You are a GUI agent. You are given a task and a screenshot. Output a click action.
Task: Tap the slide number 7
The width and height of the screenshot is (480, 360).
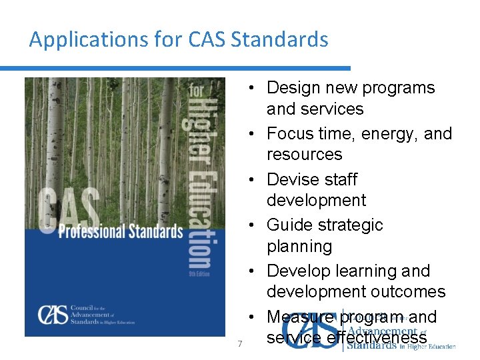tap(240, 343)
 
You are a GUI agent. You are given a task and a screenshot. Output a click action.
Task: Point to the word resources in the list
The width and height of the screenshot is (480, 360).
tap(304, 155)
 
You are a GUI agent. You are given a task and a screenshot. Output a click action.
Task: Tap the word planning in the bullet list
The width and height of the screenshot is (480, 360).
tap(299, 247)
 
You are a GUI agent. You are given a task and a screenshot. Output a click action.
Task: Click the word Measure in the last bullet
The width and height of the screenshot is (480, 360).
tap(301, 317)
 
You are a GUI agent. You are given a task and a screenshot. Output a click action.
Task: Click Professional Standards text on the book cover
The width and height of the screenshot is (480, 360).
tap(120, 231)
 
